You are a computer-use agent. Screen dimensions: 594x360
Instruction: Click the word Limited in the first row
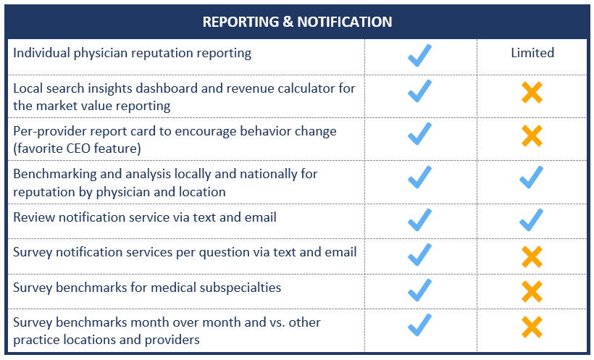click(532, 53)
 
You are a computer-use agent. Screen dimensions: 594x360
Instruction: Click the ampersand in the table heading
click(288, 22)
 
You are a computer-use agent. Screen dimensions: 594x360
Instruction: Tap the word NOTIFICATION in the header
click(344, 22)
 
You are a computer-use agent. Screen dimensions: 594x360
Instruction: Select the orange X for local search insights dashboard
click(532, 92)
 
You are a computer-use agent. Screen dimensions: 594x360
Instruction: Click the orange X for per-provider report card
click(532, 135)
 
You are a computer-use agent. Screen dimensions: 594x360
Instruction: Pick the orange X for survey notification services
click(532, 256)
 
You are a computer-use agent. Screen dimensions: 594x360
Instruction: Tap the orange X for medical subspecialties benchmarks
click(532, 291)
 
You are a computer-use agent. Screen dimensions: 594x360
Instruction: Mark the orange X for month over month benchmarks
click(532, 327)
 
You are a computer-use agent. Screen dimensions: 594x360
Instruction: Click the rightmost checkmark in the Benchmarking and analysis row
click(531, 177)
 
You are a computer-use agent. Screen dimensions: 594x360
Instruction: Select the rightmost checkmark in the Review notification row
click(531, 220)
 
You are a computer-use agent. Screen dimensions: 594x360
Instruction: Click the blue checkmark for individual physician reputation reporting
click(419, 56)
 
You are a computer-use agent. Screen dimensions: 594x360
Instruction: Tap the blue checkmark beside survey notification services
click(419, 255)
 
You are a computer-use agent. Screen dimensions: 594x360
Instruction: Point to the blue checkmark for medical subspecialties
click(419, 290)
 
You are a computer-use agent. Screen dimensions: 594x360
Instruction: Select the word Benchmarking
click(55, 174)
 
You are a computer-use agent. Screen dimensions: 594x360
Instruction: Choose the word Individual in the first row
click(42, 53)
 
